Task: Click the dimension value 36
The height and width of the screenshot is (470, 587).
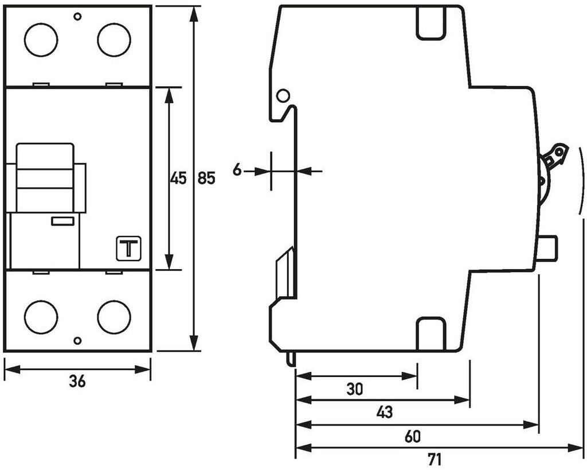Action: (77, 381)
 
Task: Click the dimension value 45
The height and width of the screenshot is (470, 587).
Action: (178, 178)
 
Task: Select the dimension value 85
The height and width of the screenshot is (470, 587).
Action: (206, 178)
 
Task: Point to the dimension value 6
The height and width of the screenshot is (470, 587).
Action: (237, 170)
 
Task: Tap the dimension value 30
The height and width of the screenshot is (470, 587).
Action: (355, 390)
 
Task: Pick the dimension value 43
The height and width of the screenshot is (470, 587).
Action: (384, 412)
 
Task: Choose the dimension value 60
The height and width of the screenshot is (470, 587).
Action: (412, 437)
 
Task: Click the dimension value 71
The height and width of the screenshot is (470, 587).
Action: (435, 460)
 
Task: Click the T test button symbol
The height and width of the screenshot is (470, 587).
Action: (128, 248)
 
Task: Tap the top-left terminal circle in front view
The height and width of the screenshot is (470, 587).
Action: (41, 40)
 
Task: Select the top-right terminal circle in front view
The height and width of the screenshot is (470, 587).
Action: (114, 40)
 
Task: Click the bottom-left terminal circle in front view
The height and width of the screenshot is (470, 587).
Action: (41, 317)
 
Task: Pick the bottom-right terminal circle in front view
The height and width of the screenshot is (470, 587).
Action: (114, 317)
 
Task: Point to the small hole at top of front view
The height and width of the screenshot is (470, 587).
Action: (77, 17)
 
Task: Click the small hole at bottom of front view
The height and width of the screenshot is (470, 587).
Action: (77, 341)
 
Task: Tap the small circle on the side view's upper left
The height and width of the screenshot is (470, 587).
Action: (283, 95)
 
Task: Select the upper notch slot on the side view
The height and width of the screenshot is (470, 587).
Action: (431, 25)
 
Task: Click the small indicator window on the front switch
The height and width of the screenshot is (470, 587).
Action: (62, 221)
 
